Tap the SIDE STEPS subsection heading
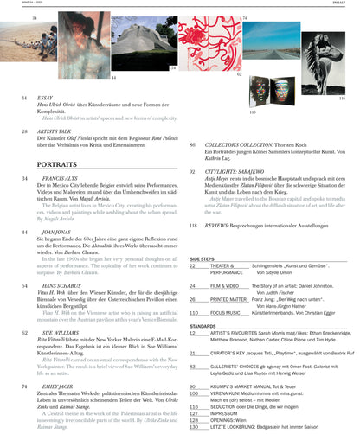point(202,258)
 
